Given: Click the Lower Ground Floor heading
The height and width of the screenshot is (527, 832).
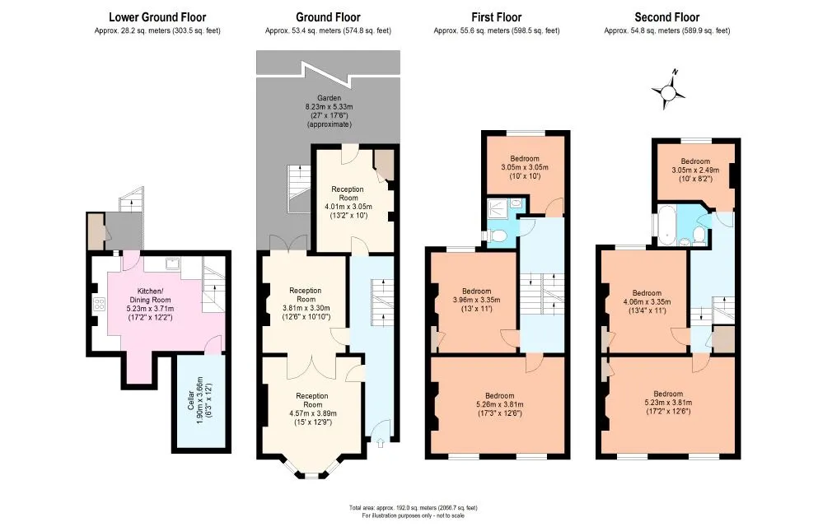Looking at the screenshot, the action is click(157, 17).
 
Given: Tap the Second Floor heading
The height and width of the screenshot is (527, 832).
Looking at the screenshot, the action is click(667, 17).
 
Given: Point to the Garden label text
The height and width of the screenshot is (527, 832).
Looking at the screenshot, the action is click(329, 98).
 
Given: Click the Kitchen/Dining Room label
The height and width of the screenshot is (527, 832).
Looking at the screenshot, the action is click(150, 296).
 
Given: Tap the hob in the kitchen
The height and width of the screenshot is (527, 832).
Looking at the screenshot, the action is click(99, 304).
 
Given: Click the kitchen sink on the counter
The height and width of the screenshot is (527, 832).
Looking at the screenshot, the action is click(172, 263).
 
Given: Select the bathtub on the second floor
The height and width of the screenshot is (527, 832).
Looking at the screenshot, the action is click(666, 226).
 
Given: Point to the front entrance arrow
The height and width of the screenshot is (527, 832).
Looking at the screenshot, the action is click(381, 442).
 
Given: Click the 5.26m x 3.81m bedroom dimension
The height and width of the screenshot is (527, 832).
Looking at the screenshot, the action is click(499, 404).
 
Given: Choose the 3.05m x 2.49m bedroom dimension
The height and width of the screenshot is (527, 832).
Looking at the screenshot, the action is click(695, 170).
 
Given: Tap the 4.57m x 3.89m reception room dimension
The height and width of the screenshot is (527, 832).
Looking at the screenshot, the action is click(312, 413).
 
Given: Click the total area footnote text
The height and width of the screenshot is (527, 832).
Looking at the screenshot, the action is click(414, 507).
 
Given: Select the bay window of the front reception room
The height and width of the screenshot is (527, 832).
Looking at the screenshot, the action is click(312, 469).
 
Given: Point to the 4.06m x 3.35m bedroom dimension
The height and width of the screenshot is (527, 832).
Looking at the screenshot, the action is click(647, 301).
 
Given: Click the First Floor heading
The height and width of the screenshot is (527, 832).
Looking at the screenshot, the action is click(497, 17).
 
